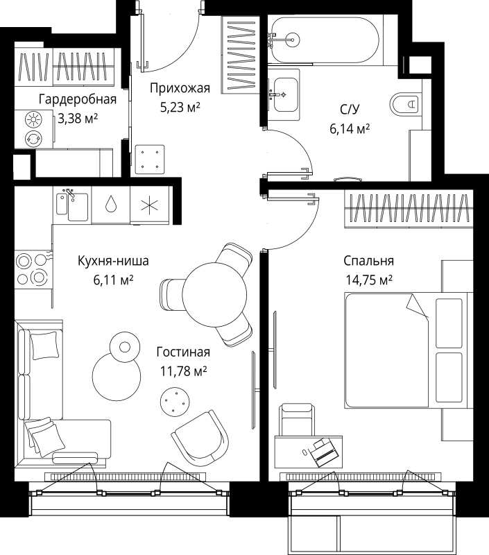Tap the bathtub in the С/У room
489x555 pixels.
[324, 40]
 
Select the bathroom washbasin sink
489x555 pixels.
[286, 94]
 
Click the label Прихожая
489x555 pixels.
[180, 88]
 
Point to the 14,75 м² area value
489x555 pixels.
[369, 280]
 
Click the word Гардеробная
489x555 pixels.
[78, 99]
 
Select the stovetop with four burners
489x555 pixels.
[32, 270]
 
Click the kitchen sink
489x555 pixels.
[72, 206]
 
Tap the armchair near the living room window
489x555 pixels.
[200, 438]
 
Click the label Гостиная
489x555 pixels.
[183, 352]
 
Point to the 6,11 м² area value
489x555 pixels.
[113, 280]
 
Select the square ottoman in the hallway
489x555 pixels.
[150, 160]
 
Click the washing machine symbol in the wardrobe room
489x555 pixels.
[33, 137]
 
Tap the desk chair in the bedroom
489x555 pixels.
[297, 420]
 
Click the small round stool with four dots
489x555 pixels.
[175, 401]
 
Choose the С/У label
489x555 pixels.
[350, 110]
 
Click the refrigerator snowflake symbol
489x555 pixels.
[150, 205]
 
